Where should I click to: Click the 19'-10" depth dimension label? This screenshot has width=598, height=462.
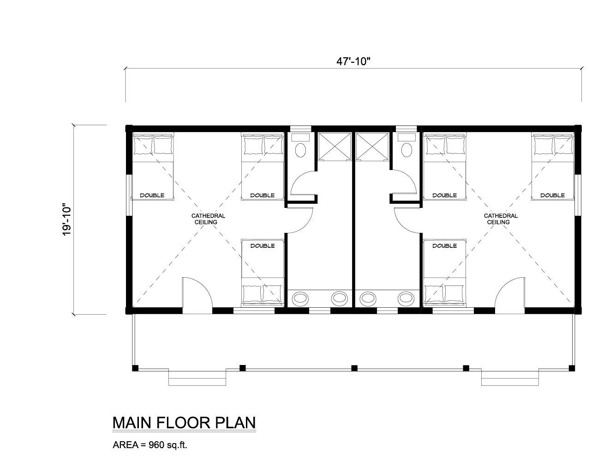pos(67,219)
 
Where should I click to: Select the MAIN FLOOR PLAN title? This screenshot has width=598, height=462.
pos(184,423)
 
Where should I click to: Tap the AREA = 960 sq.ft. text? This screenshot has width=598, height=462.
pos(149,445)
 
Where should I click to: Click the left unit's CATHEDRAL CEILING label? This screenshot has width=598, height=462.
pos(208,219)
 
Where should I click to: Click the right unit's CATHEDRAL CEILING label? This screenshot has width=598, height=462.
pos(501,219)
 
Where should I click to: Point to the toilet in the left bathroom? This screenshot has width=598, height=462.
pos(300,146)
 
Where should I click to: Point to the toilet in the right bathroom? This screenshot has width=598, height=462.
pos(407,146)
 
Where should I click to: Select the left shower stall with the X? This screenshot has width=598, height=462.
pos(335,146)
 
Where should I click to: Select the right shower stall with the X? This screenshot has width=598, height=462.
pos(372,146)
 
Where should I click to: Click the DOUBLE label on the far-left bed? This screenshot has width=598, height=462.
pos(152,195)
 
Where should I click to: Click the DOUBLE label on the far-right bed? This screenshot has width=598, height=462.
pos(553,195)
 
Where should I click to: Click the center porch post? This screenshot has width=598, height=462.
pos(354,368)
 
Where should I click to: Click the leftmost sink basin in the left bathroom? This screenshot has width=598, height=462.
pos(299,298)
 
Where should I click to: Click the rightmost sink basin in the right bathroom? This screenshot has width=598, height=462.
pos(406,298)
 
